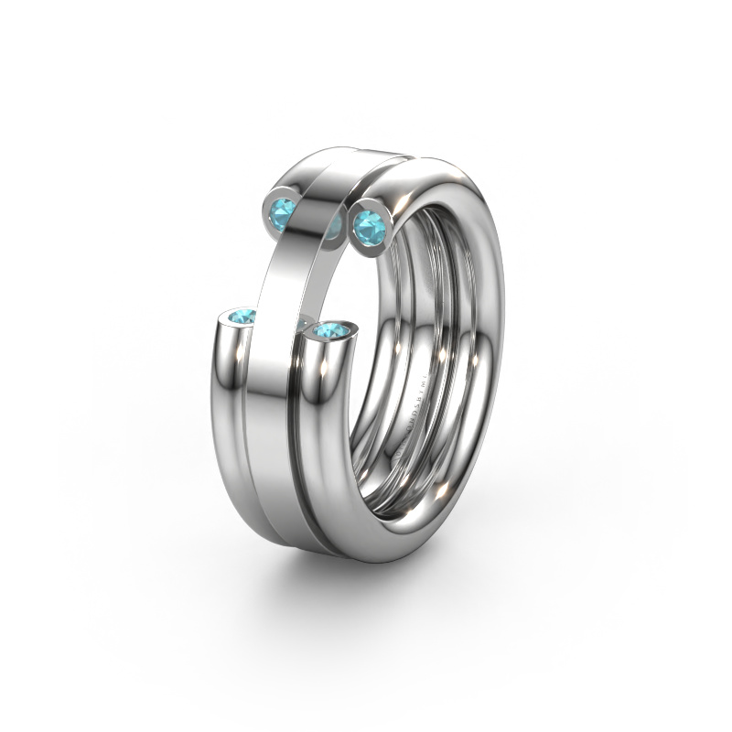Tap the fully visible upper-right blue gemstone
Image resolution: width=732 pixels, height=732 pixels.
[x=368, y=222]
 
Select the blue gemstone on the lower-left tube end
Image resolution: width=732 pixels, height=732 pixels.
[x=240, y=317]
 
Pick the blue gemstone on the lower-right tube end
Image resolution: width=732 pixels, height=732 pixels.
[x=331, y=329]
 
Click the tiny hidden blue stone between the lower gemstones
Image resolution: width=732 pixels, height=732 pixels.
[x=305, y=322]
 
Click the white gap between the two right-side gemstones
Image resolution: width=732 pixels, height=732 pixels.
[x=352, y=284]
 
